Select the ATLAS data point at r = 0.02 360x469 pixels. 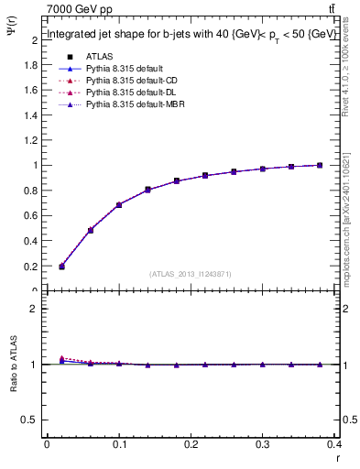[61, 267]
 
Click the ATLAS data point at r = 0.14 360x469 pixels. [147, 190]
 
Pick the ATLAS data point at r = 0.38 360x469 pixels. [320, 165]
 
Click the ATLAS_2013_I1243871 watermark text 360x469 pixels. [191, 274]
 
